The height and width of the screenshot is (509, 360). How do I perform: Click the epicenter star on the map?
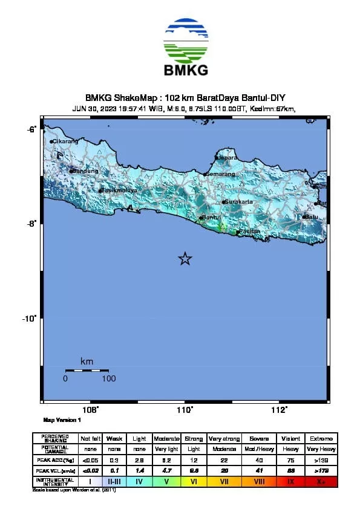tap(185, 259)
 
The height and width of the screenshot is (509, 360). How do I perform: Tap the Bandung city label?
tap(85, 170)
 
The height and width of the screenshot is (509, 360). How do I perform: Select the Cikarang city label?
tap(65, 141)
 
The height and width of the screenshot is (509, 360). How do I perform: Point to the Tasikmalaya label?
tap(119, 190)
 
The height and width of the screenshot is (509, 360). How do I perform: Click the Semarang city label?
tap(220, 174)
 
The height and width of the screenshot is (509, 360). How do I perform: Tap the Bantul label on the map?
tap(211, 217)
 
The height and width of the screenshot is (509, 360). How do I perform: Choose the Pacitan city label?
tap(250, 232)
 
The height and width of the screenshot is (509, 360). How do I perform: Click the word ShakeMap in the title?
tap(130, 97)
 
